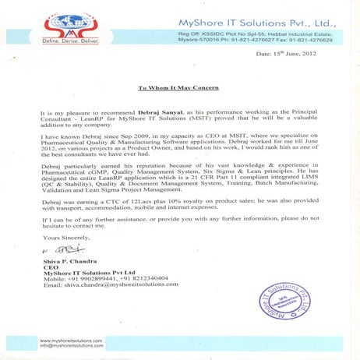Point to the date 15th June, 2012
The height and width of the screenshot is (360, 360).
click(x=307, y=55)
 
